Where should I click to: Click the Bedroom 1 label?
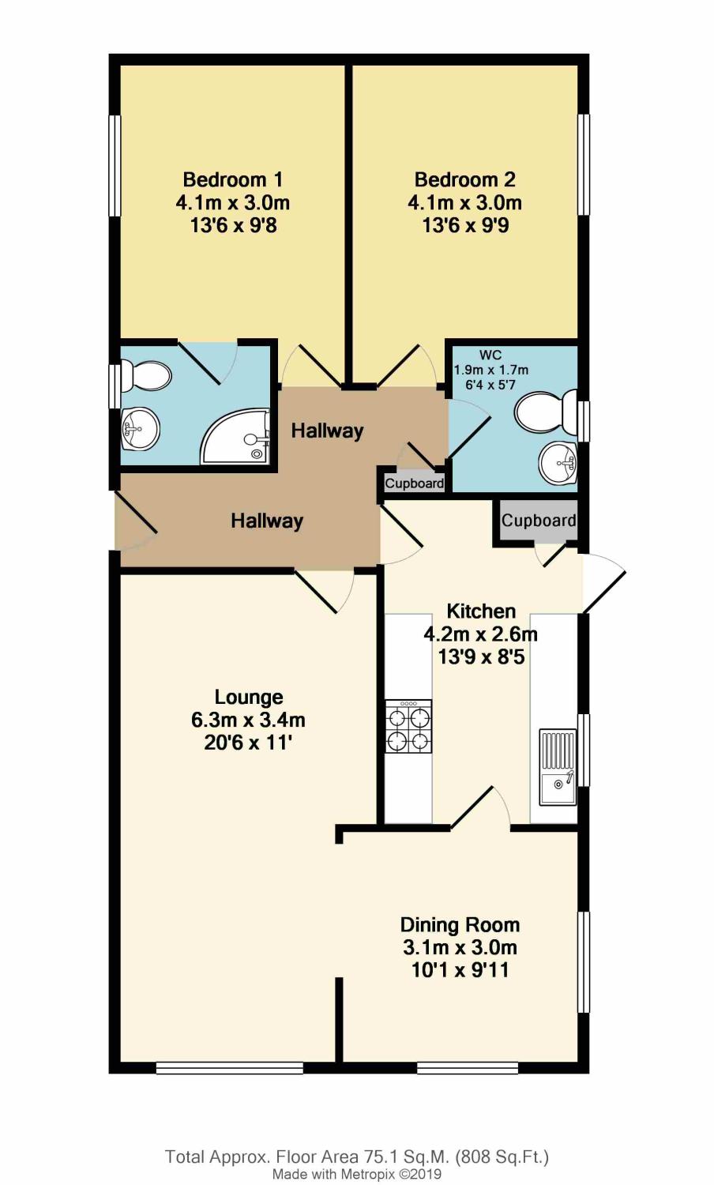(x=233, y=179)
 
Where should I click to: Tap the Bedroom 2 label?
(x=464, y=179)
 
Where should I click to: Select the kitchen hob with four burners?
(x=408, y=726)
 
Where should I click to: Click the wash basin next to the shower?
(x=140, y=429)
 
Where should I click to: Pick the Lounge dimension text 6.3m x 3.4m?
(x=248, y=720)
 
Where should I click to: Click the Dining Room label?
(x=460, y=924)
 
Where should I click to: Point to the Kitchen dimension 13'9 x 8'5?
(x=481, y=656)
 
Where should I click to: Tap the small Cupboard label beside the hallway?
(x=414, y=483)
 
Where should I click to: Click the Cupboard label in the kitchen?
(x=539, y=521)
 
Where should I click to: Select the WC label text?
(x=490, y=355)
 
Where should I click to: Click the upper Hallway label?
(x=327, y=431)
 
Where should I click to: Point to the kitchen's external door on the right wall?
(x=602, y=583)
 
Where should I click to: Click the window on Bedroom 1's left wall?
(x=115, y=165)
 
